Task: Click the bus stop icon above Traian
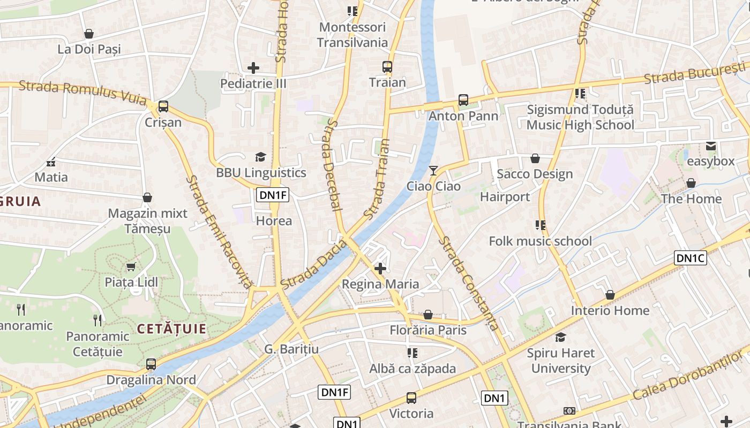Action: point(387,67)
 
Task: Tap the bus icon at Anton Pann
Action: point(463,100)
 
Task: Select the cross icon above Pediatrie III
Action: point(253,68)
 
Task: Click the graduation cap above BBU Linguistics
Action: point(261,157)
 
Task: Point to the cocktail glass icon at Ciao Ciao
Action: point(433,171)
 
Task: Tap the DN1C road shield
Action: point(691,258)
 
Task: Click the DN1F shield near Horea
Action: point(273,195)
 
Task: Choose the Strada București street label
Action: point(694,73)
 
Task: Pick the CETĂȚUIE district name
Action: point(171,328)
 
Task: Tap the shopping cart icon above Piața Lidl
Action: point(131,266)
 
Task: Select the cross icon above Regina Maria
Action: point(380,268)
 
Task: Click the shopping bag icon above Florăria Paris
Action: point(428,315)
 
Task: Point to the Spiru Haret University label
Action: point(561,361)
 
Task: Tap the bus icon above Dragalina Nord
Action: point(151,364)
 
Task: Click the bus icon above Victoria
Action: point(411,398)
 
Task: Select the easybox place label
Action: point(710,161)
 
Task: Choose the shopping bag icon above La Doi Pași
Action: point(89,34)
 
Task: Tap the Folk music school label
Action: point(540,241)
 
